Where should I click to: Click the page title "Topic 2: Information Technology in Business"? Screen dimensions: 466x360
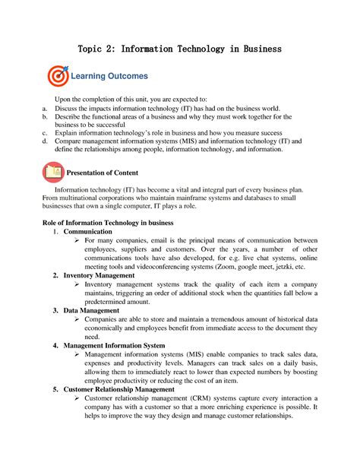click(180, 49)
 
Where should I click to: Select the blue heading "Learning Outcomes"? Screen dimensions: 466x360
click(109, 77)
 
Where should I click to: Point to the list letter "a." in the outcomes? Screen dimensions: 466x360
click(44, 109)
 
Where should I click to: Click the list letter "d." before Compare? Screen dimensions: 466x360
click(44, 141)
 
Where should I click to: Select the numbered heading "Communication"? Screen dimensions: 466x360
click(90, 231)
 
